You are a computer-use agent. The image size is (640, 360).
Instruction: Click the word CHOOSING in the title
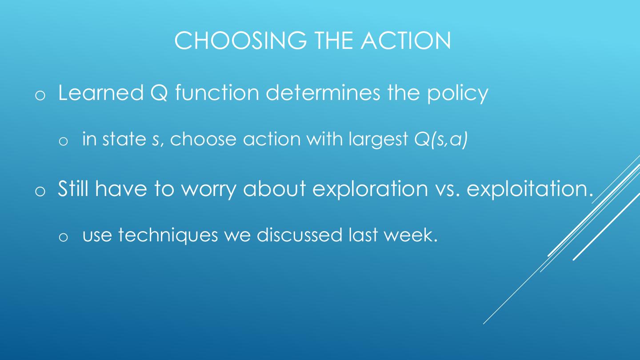[x=240, y=40]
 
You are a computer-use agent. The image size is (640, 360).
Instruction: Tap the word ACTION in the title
[x=406, y=40]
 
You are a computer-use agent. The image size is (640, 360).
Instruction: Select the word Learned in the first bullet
[x=100, y=92]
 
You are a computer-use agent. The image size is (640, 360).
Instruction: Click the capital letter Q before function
[x=159, y=93]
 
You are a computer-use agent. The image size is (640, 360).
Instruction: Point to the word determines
[x=323, y=92]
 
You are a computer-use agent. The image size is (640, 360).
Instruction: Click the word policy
[x=458, y=94]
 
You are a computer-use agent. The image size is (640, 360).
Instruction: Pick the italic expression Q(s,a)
[x=441, y=140]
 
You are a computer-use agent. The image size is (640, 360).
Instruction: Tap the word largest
[x=378, y=140]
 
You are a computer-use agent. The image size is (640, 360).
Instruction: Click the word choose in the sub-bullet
[x=203, y=139]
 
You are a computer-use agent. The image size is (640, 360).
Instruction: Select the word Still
[x=73, y=188]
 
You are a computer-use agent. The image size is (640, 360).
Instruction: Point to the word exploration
[x=370, y=189]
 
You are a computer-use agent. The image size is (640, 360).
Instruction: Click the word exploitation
[x=530, y=189]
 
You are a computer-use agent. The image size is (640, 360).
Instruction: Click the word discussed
[x=300, y=234]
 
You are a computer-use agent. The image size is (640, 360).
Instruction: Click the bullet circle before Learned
[x=40, y=96]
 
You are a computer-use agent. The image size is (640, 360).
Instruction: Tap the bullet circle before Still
[x=40, y=191]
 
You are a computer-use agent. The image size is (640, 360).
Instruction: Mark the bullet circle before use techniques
[x=63, y=237]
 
